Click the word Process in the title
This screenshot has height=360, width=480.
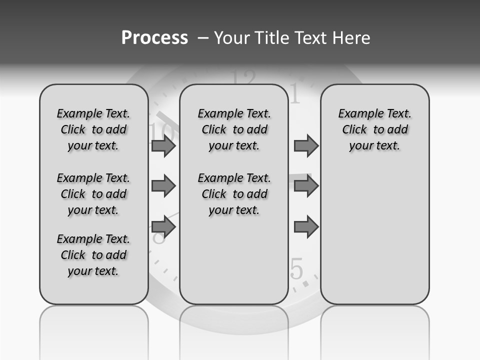point(154,37)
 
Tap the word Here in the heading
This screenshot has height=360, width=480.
point(350,37)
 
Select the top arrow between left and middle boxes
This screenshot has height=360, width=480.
point(163,145)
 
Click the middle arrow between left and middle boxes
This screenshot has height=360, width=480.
point(163,186)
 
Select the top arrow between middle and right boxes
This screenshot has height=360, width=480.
point(306,145)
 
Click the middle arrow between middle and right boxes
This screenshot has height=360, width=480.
point(306,186)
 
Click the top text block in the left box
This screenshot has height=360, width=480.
point(93,129)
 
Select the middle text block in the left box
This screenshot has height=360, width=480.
point(93,194)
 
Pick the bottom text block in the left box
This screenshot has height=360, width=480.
point(93,255)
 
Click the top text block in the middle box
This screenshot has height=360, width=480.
point(234,129)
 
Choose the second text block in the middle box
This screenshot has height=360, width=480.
point(234,194)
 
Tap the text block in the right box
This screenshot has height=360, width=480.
point(374,129)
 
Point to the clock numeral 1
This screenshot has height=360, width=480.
point(295,94)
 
